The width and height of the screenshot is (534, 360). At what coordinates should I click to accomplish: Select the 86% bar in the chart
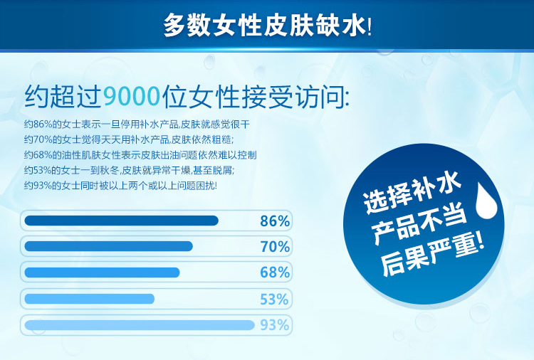pos(121,221)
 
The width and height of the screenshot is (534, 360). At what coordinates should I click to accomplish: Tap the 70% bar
pos(108,246)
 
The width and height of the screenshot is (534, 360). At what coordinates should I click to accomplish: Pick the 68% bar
pos(102,272)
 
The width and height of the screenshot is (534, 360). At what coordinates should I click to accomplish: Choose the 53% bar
pos(89,298)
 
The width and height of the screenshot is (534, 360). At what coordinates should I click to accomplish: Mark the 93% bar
pos(140,325)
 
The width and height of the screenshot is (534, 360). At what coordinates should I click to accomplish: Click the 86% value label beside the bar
pos(274,221)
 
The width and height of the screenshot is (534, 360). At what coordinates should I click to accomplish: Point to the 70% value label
pos(274,247)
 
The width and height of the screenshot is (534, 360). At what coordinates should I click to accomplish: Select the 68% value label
pos(274,272)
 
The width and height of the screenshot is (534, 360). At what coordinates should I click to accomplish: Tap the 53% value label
pos(274,299)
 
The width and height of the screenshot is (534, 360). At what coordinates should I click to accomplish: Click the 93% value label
pos(274,325)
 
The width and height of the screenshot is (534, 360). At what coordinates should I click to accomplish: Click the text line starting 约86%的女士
pos(137,123)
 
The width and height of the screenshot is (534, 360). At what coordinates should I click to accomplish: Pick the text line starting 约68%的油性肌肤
pos(140,154)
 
